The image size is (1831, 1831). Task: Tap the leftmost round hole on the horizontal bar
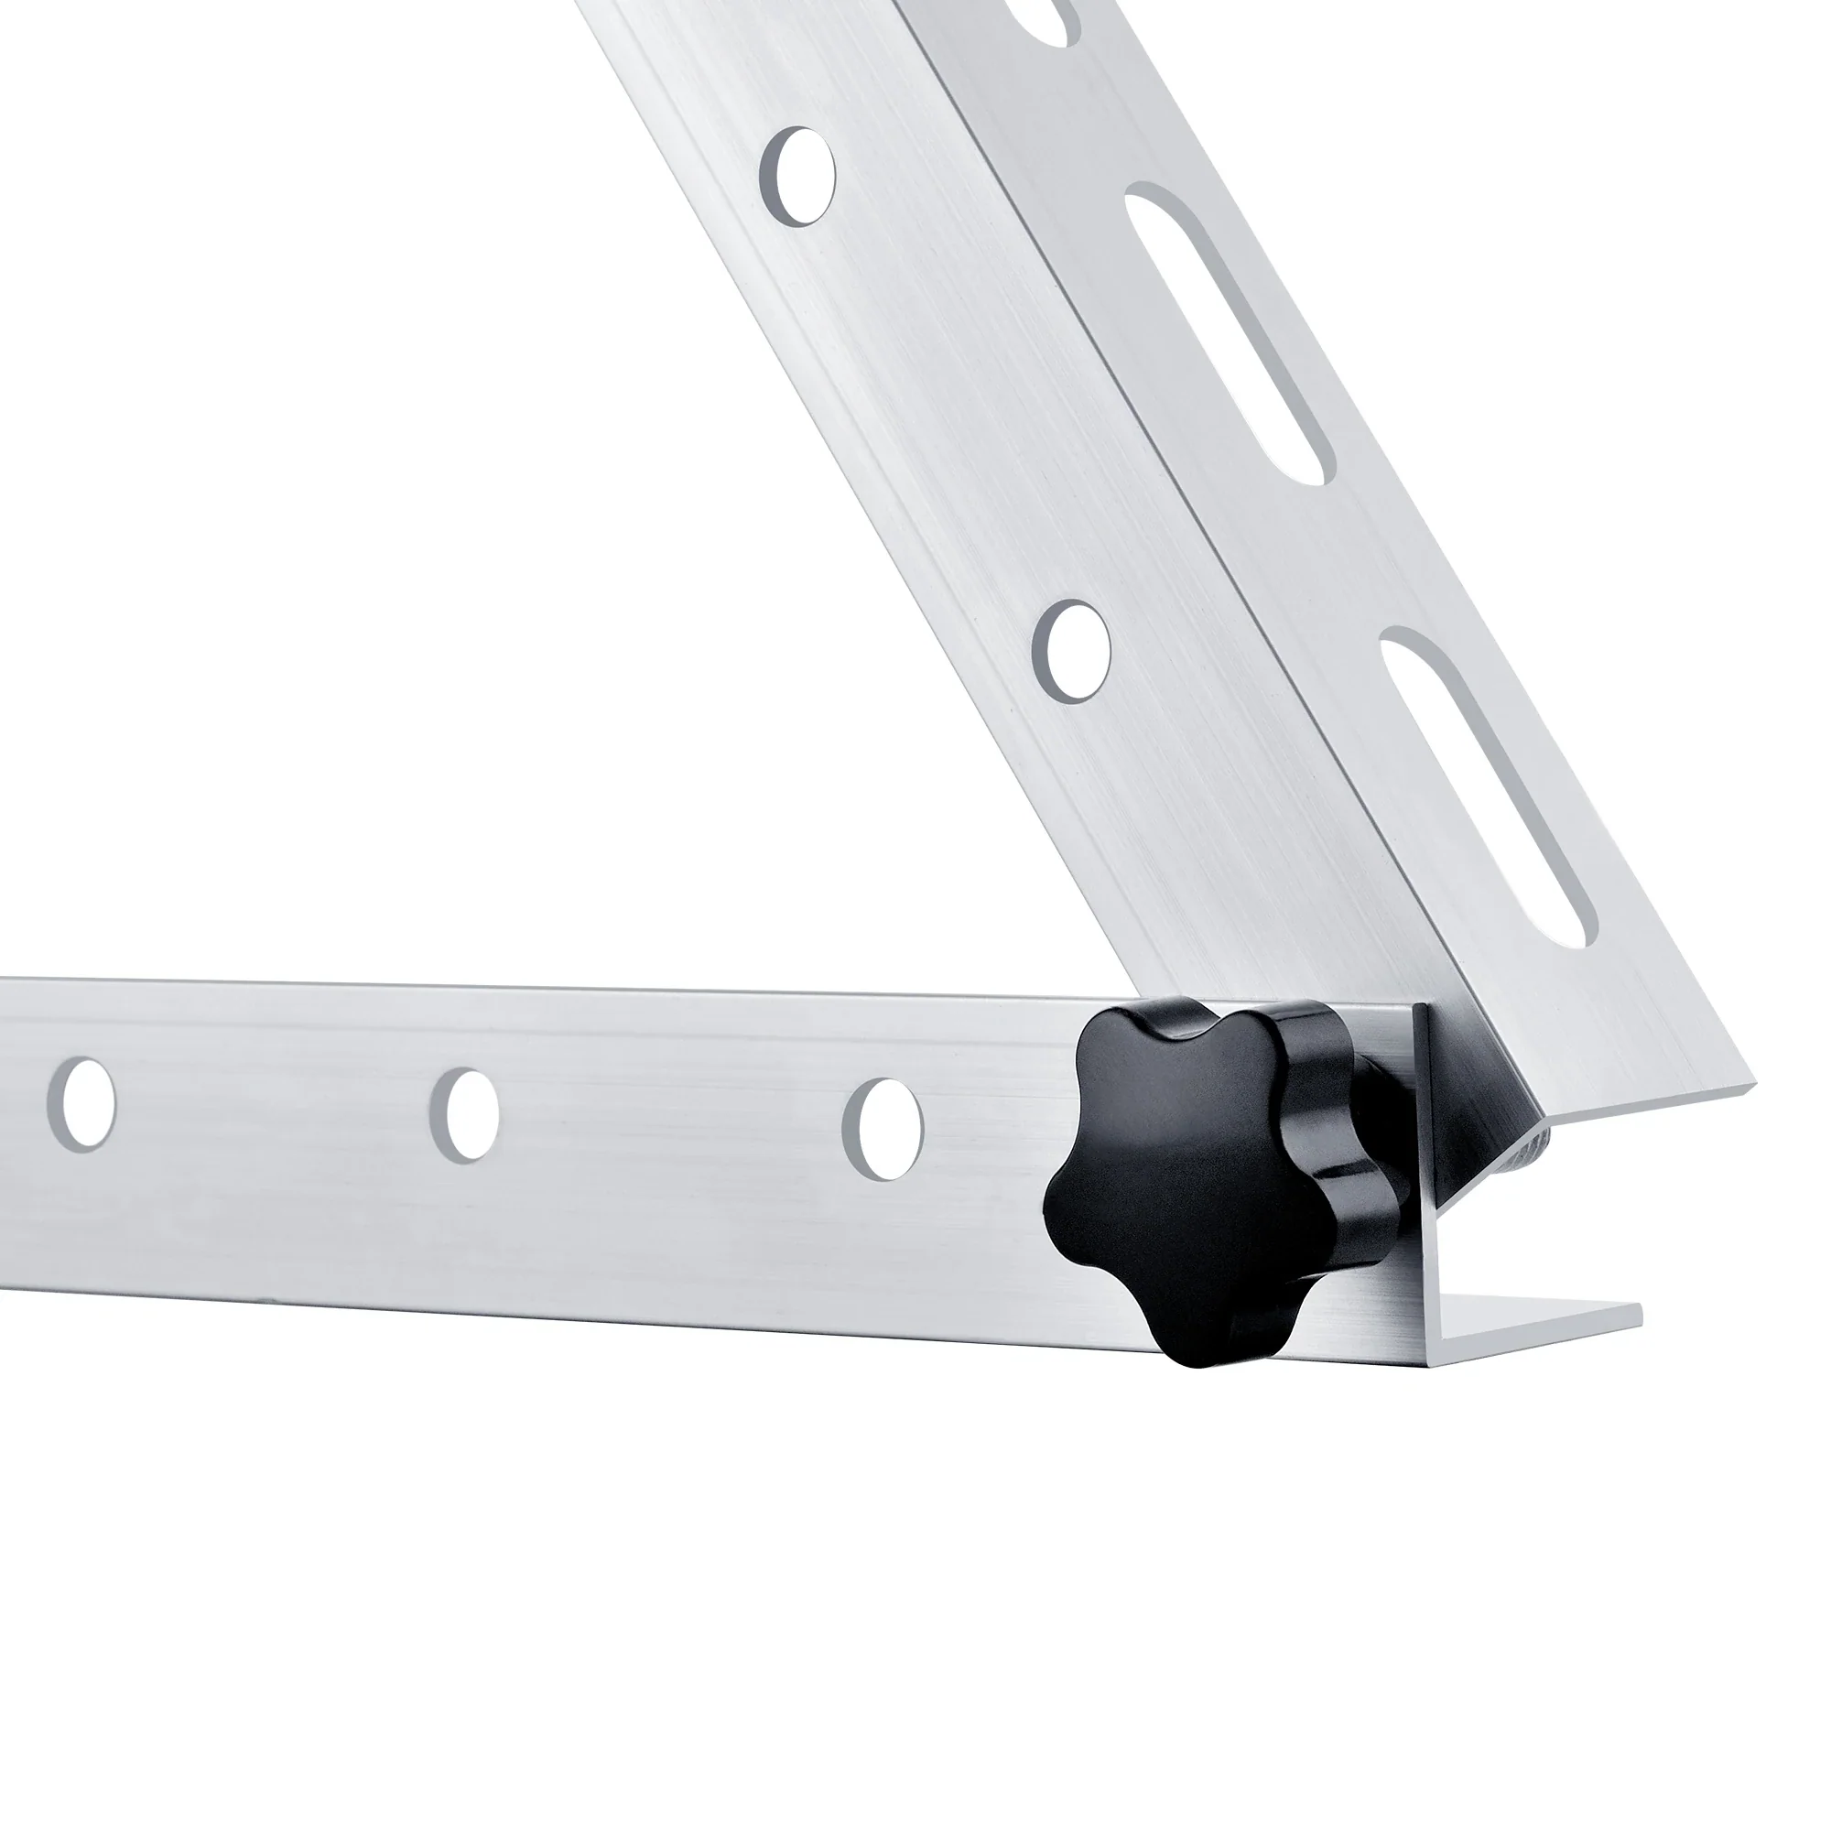pyautogui.click(x=82, y=1104)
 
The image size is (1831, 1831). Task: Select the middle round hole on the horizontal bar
pyautogui.click(x=463, y=1115)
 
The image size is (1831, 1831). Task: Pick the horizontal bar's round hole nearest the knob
pyautogui.click(x=883, y=1129)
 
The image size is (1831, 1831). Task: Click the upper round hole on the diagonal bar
pyautogui.click(x=799, y=177)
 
